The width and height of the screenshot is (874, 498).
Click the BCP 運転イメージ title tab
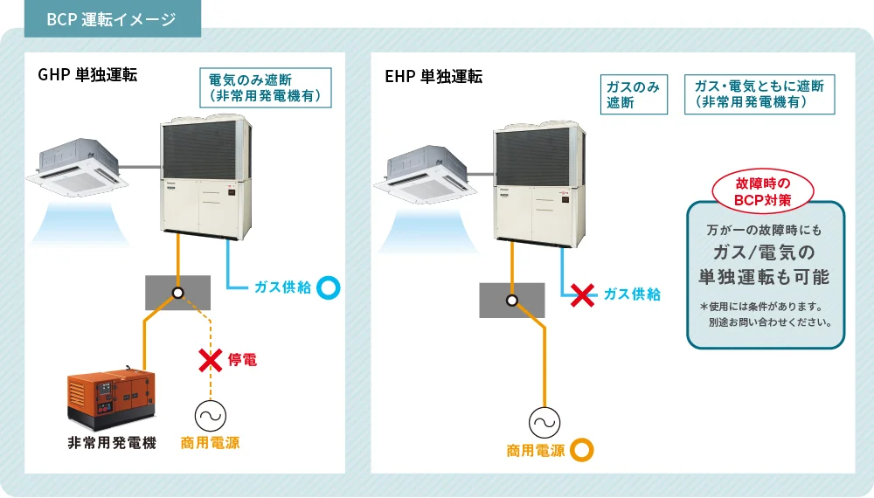(111, 19)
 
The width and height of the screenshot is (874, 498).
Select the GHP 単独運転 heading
(87, 75)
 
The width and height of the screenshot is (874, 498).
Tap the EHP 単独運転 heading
(434, 76)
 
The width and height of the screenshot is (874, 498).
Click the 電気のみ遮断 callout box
(266, 87)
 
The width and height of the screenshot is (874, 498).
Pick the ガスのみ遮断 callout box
(634, 94)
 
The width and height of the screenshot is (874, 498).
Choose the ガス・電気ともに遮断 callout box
(758, 93)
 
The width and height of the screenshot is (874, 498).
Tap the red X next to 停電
(209, 359)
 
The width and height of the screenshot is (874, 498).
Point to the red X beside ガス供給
(582, 294)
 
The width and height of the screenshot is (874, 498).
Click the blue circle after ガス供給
(328, 287)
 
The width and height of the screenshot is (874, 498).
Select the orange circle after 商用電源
(581, 451)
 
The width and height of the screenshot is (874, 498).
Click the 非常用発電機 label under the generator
(112, 443)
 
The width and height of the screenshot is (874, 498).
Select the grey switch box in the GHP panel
(177, 292)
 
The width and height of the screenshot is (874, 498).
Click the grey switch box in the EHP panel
(511, 300)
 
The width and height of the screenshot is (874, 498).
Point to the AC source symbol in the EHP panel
(544, 424)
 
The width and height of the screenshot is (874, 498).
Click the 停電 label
(242, 359)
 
